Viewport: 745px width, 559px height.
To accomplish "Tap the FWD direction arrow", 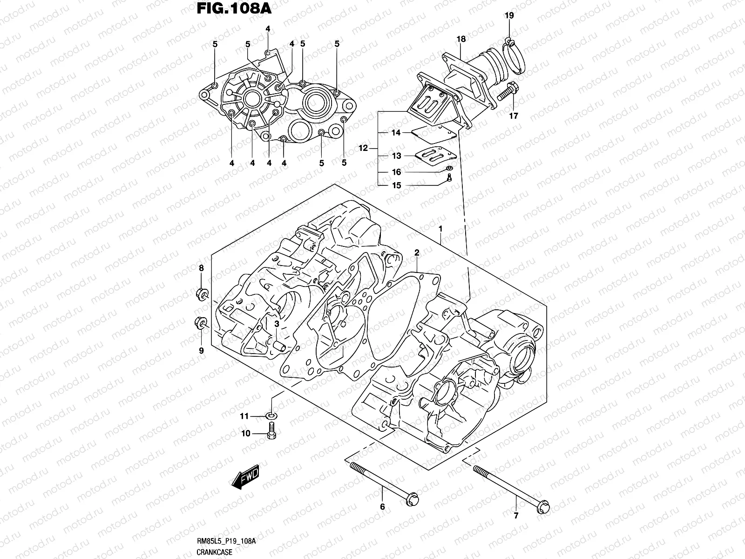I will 245,478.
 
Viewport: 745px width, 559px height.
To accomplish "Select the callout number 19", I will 509,16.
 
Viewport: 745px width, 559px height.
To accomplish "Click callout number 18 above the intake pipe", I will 461,39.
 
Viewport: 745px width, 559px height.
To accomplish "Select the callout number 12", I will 363,149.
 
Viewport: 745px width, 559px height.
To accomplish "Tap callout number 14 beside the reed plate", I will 396,133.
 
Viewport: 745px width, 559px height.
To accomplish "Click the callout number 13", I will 396,156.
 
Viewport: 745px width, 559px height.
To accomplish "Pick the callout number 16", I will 396,172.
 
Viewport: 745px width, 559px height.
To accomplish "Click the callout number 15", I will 396,185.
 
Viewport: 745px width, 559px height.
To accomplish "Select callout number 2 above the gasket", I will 417,252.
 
